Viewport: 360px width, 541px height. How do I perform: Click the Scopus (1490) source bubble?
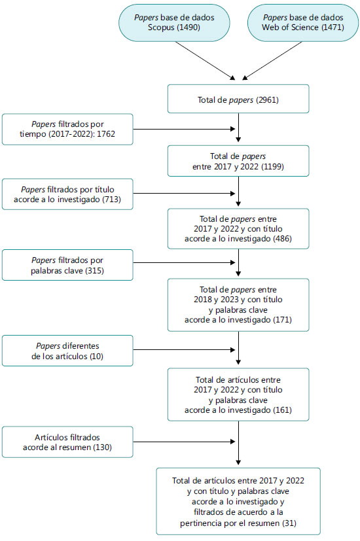[174, 23]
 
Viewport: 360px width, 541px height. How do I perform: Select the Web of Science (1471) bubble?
[303, 23]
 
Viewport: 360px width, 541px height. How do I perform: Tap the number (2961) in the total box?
[267, 100]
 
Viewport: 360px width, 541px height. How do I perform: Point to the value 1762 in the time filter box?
[106, 134]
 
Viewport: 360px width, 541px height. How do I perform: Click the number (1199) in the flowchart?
[272, 167]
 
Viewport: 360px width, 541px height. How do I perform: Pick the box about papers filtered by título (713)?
[67, 194]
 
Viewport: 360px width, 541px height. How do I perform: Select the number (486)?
[282, 239]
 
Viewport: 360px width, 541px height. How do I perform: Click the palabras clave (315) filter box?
[67, 265]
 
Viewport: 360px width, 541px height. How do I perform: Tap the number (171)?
[282, 320]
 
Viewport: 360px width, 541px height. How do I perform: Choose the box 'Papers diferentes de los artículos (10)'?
[67, 351]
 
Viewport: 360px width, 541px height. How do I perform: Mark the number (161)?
[282, 410]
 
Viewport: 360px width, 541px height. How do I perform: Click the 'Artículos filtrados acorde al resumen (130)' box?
[67, 442]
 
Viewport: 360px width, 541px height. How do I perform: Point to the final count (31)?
[289, 523]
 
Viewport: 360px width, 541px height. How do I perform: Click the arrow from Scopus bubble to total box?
[206, 61]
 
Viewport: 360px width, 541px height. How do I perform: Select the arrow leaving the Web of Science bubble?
[272, 61]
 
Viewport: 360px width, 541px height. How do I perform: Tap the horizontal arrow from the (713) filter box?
[184, 194]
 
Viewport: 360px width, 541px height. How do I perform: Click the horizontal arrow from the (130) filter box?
[184, 442]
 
